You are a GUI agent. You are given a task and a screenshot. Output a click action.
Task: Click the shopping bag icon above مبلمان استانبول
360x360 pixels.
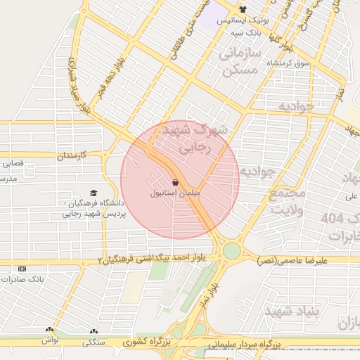[174, 182]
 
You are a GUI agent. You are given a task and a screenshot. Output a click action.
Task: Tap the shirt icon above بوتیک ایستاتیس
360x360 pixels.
[243, 10]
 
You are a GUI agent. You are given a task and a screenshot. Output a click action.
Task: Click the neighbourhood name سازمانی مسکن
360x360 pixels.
[239, 63]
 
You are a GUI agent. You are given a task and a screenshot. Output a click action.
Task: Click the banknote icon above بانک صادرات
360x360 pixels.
[22, 269]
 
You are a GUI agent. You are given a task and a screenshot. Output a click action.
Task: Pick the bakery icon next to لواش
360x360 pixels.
[49, 330]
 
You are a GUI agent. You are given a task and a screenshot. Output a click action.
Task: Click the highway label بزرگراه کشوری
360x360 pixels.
[146, 343]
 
